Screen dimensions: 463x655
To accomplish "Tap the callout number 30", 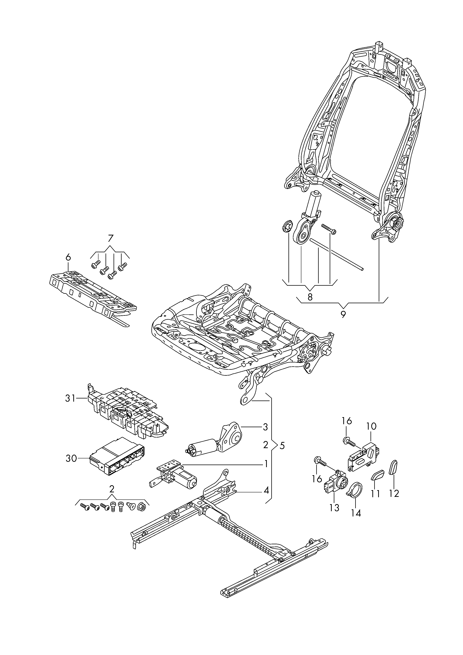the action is pyautogui.click(x=71, y=458).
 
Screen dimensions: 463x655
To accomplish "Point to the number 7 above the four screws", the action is pyautogui.click(x=110, y=238).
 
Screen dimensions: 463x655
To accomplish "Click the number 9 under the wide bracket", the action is pyautogui.click(x=343, y=314).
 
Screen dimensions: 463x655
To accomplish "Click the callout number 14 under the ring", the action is pyautogui.click(x=356, y=513).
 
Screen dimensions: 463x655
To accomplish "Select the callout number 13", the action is pyautogui.click(x=334, y=507).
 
